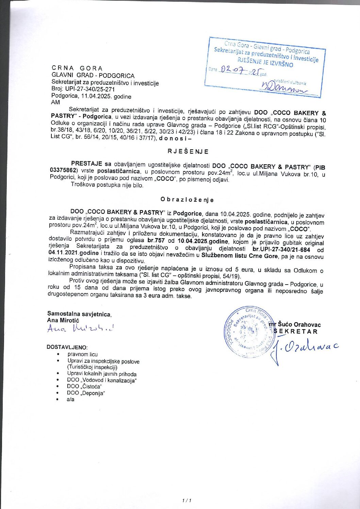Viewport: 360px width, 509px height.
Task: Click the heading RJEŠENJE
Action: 188,152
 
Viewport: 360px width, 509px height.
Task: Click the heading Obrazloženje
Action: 187,200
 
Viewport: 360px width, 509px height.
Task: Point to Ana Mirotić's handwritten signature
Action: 80,328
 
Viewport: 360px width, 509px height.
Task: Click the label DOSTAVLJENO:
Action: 67,347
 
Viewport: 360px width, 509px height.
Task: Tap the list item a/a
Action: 70,400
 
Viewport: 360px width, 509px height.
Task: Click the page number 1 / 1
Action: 187,500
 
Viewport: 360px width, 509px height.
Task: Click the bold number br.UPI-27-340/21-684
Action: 281,250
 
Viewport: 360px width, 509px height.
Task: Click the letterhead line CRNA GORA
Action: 77,68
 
